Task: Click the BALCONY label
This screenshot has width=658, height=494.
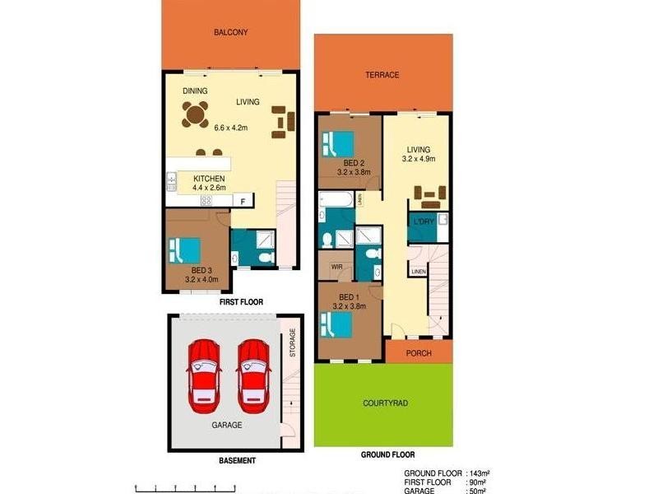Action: click(x=230, y=33)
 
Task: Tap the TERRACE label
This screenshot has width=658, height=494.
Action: click(x=382, y=75)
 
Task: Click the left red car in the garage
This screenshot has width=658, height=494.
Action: click(x=203, y=376)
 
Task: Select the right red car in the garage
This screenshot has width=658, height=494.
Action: click(x=254, y=376)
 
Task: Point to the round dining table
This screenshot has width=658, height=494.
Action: click(x=197, y=114)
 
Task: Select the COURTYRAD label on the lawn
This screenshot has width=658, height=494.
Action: click(x=386, y=404)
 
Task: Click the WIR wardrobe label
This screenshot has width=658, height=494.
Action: click(x=336, y=267)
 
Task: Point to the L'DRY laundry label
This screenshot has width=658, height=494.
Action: click(x=424, y=222)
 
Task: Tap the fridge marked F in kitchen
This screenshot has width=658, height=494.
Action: click(x=243, y=200)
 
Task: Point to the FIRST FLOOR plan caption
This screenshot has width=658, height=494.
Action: click(x=241, y=302)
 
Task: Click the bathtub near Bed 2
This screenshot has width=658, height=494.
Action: click(x=337, y=199)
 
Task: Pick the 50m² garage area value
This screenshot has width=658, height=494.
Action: click(x=476, y=490)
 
